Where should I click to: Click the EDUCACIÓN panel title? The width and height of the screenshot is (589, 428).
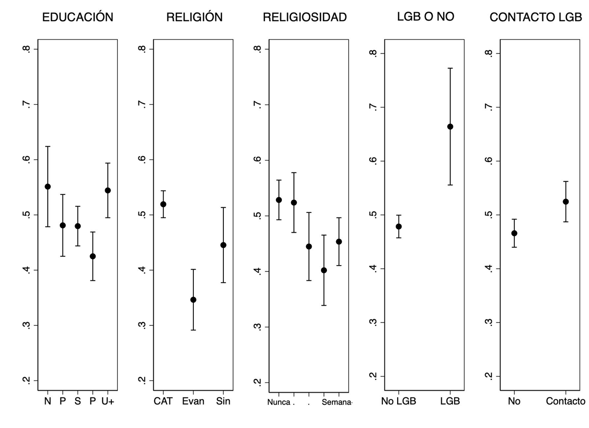[78, 17]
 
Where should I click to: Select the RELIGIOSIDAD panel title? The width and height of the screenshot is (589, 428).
[305, 17]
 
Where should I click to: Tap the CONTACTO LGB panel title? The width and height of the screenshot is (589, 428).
[536, 17]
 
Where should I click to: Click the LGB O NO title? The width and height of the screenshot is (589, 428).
[426, 16]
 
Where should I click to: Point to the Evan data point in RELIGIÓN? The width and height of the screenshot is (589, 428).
[193, 299]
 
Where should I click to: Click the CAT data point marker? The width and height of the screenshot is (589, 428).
[163, 204]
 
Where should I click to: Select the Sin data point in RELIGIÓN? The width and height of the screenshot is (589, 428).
[223, 245]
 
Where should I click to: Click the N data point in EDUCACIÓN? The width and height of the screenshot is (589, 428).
[48, 187]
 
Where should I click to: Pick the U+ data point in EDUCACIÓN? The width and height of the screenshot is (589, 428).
[107, 190]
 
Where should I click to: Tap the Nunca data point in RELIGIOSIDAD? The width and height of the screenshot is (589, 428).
[279, 200]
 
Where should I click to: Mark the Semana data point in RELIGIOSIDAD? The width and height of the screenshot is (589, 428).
[339, 241]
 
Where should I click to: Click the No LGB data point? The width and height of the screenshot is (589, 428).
[399, 226]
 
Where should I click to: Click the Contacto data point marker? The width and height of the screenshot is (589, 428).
[565, 202]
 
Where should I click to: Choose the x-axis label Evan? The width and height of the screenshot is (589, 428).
[193, 401]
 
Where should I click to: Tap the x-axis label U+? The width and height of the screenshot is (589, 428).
[108, 401]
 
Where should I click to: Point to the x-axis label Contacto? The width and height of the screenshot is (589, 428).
[565, 401]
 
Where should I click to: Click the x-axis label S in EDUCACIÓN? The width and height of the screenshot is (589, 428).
[78, 401]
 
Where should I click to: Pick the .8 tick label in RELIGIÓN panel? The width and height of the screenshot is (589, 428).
[142, 49]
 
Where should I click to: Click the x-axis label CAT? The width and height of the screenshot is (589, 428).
[163, 401]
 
